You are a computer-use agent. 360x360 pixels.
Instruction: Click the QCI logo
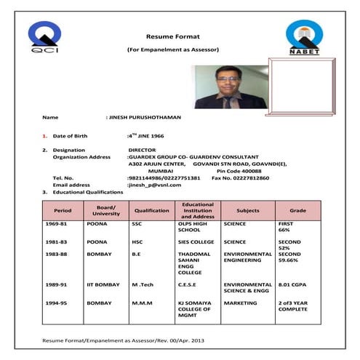pos(44,40)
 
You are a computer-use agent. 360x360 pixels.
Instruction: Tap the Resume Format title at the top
pos(172,36)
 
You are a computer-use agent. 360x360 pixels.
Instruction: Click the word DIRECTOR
pos(143,150)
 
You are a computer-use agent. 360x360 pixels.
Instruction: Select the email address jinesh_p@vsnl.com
pos(155,185)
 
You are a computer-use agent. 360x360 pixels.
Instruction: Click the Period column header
pos(63,210)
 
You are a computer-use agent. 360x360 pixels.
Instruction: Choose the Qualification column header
pos(151,210)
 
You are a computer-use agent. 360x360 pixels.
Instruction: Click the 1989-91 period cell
pos(56,285)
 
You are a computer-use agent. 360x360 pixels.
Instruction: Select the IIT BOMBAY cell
pos(103,285)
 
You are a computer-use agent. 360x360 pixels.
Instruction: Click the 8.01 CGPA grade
pos(293,285)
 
